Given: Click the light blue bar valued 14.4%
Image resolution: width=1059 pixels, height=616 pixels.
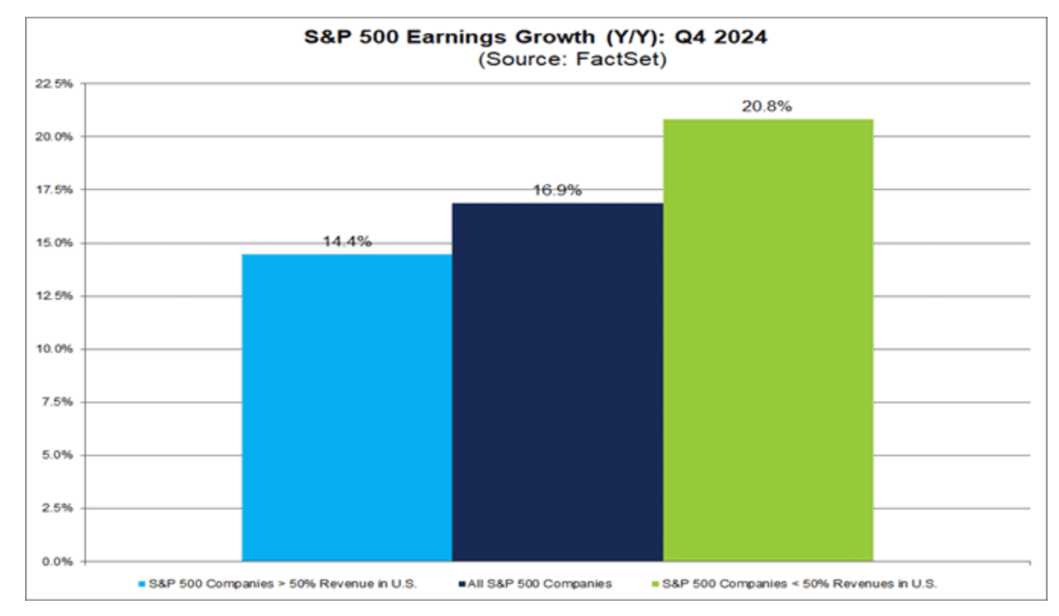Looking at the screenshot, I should click(x=347, y=408).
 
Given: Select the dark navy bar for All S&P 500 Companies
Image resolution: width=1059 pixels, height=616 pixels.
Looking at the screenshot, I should click(x=558, y=382).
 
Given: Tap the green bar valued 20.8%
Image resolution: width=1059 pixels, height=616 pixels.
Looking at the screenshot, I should click(x=768, y=340).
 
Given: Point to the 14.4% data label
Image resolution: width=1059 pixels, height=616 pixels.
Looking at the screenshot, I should click(x=347, y=242).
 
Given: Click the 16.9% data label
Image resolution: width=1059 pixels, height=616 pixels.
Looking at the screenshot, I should click(x=558, y=190).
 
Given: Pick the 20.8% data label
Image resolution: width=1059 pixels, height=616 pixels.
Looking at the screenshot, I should click(x=767, y=106).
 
